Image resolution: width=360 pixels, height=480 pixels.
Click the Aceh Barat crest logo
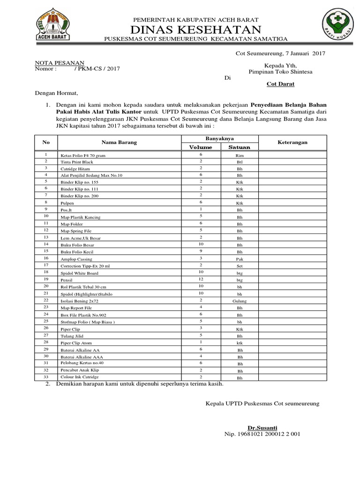click(52, 26)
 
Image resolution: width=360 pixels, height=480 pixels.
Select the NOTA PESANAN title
click(60, 62)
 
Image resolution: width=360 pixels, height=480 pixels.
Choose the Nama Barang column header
click(120, 142)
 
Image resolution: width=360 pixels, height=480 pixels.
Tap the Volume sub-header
click(200, 147)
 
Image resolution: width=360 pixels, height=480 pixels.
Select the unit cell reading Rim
click(240, 155)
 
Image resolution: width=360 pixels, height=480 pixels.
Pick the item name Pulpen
click(67, 204)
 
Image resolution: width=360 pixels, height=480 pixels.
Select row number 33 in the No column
click(46, 376)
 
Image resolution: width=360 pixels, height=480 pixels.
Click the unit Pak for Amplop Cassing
click(240, 258)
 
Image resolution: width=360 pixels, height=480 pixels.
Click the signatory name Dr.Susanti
click(262, 427)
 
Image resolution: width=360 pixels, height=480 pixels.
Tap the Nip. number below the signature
click(262, 434)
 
